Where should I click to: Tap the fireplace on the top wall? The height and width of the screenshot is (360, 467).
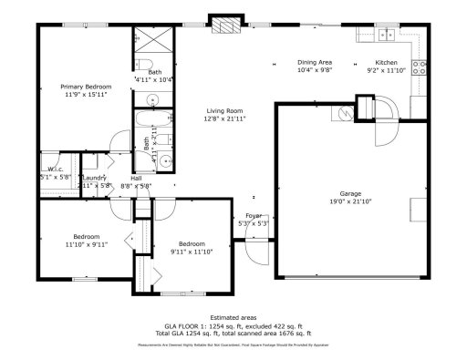click(221, 25)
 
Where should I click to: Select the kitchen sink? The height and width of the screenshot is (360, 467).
click(388, 36)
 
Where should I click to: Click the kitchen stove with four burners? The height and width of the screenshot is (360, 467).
click(420, 66)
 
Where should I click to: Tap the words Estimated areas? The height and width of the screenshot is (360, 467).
click(233, 316)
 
